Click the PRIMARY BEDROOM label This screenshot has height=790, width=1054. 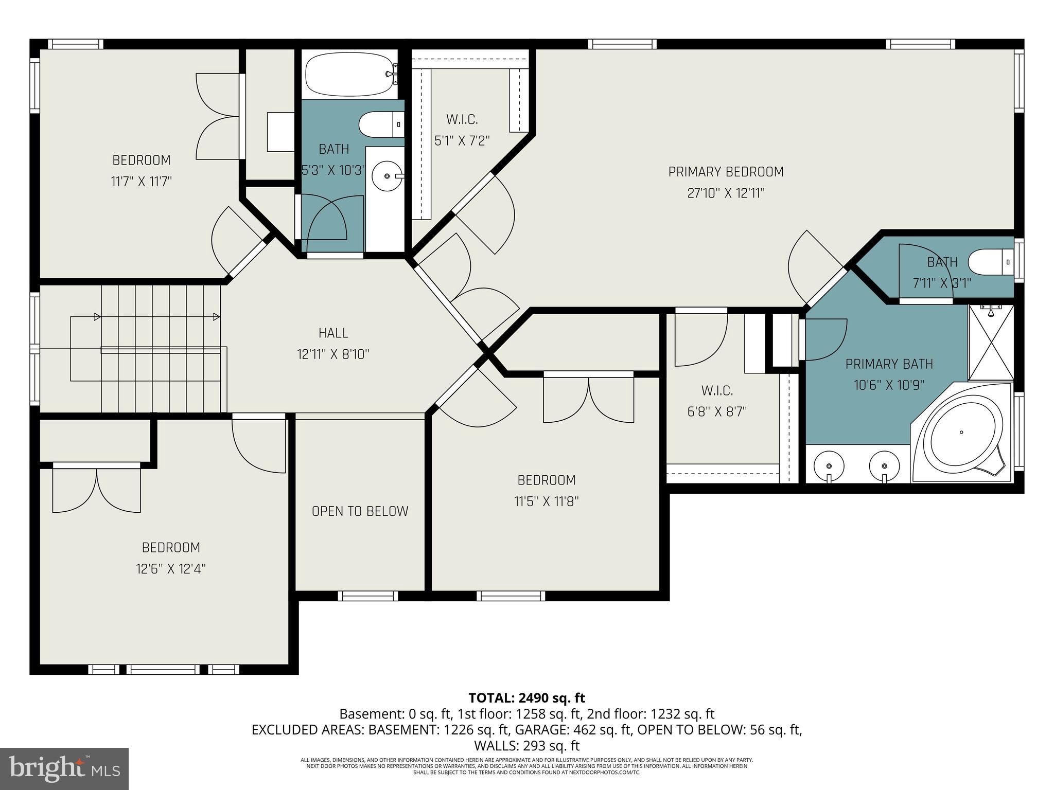(x=726, y=172)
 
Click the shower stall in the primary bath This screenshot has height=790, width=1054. (x=991, y=342)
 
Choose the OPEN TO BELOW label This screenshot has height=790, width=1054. (x=360, y=511)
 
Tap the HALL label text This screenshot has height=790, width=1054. (x=333, y=333)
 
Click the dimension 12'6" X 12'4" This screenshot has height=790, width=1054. (x=171, y=569)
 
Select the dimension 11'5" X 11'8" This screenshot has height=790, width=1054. (x=547, y=501)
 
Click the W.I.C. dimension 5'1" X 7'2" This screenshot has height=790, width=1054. (x=462, y=140)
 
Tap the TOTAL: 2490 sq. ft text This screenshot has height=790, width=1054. (x=526, y=698)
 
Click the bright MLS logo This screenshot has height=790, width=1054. (x=64, y=769)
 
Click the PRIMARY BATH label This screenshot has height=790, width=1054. (x=889, y=364)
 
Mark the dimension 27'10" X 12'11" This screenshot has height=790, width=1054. (x=726, y=193)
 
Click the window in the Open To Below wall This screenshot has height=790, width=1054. (x=368, y=596)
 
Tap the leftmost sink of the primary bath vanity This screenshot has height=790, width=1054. (x=829, y=465)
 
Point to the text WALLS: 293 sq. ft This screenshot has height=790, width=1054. (x=526, y=746)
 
